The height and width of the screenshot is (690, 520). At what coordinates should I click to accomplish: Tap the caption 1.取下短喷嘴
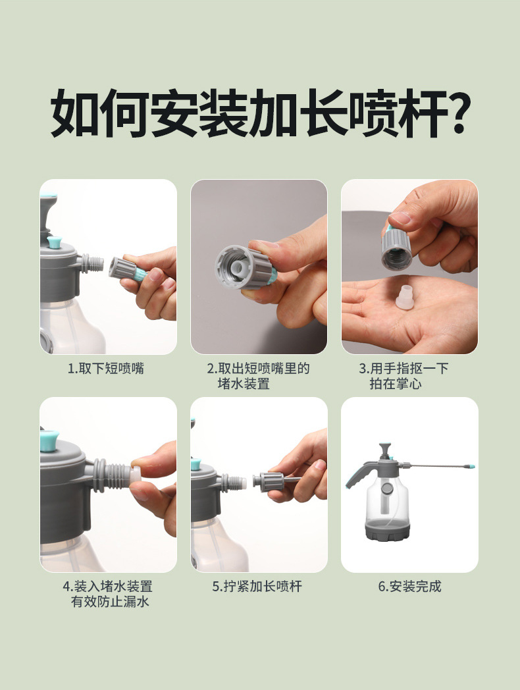coord(106,368)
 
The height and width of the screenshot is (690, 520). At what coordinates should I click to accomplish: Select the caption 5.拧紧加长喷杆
coord(257,586)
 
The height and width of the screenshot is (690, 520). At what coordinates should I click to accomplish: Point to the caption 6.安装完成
coord(409,586)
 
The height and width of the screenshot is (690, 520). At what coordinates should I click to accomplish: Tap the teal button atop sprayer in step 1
coord(55,242)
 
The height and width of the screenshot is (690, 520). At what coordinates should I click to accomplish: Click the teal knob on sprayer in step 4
coord(49,441)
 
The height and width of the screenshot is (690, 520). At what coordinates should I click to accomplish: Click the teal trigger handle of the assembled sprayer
coord(355,476)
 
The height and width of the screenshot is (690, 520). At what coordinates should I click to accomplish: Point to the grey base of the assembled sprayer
coord(388,529)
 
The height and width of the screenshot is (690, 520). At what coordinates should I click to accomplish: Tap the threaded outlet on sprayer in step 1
coord(92,263)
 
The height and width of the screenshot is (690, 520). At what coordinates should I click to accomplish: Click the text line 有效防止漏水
coord(111,602)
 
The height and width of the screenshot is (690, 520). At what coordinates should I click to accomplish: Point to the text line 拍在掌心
coord(396,384)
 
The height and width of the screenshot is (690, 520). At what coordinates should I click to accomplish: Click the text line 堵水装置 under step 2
coord(244,384)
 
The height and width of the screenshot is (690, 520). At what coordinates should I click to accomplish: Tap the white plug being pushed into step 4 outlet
coord(136,479)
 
